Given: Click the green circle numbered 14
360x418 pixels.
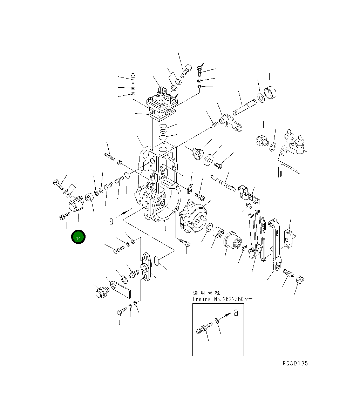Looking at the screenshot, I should click(x=78, y=238).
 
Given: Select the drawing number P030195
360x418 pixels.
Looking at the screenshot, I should click(x=295, y=363).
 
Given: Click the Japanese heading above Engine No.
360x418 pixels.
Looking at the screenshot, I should click(x=206, y=292).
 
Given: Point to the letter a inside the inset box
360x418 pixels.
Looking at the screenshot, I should click(x=236, y=312).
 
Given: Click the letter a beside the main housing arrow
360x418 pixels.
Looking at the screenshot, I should click(x=111, y=221).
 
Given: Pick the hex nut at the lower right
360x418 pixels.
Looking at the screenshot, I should click(x=300, y=280).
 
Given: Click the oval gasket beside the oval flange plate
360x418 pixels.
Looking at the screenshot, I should click(x=157, y=261).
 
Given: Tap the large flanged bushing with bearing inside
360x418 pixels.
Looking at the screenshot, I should click(x=233, y=242).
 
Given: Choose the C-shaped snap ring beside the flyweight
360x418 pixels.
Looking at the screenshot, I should click(x=209, y=228).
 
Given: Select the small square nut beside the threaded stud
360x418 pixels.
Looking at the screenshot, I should click(x=120, y=162).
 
